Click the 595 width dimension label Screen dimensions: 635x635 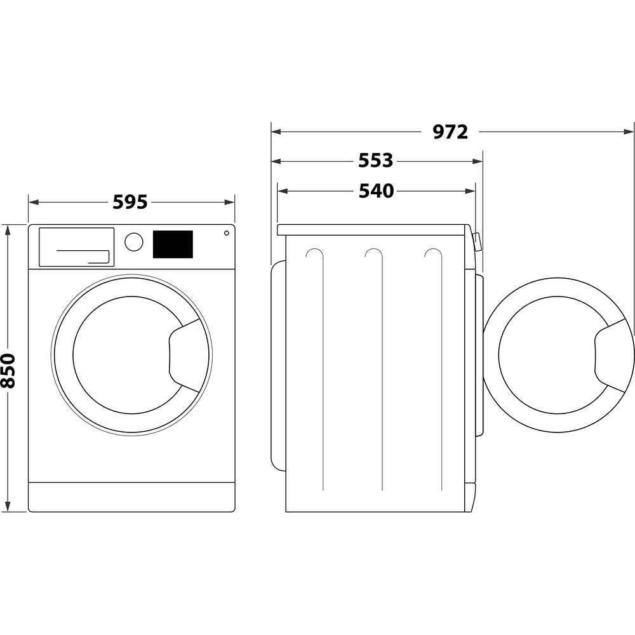[x=130, y=202]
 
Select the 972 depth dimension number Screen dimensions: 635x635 [x=450, y=132]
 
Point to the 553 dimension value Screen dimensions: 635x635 [x=376, y=161]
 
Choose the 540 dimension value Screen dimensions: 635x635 [x=376, y=191]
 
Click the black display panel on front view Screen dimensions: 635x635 [x=173, y=244]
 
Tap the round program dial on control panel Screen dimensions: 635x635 [x=133, y=242]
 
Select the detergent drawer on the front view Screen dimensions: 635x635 [x=77, y=247]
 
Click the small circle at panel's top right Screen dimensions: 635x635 [x=227, y=233]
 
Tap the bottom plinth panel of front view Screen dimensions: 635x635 [x=131, y=497]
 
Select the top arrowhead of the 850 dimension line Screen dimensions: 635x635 [x=8, y=229]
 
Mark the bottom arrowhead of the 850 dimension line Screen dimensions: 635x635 [x=8, y=507]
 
